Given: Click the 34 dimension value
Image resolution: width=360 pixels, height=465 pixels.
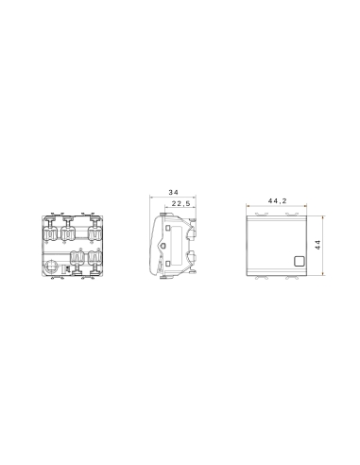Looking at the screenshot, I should coord(173,193).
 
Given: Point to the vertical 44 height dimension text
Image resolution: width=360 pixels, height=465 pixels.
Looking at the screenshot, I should coord(318,244).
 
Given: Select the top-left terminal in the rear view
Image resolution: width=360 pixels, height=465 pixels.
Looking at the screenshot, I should coord(51,231).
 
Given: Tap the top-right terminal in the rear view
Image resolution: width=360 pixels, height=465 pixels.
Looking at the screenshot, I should coord(94,231).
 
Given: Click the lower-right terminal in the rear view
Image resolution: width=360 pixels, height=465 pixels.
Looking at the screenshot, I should coord(94,259).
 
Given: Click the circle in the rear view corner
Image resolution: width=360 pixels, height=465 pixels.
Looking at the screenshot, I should coord(53,268).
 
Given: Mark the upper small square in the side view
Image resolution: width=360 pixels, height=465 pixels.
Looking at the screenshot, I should coord(166,228).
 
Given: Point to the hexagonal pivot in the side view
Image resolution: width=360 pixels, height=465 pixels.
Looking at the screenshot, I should coord(188,255).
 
